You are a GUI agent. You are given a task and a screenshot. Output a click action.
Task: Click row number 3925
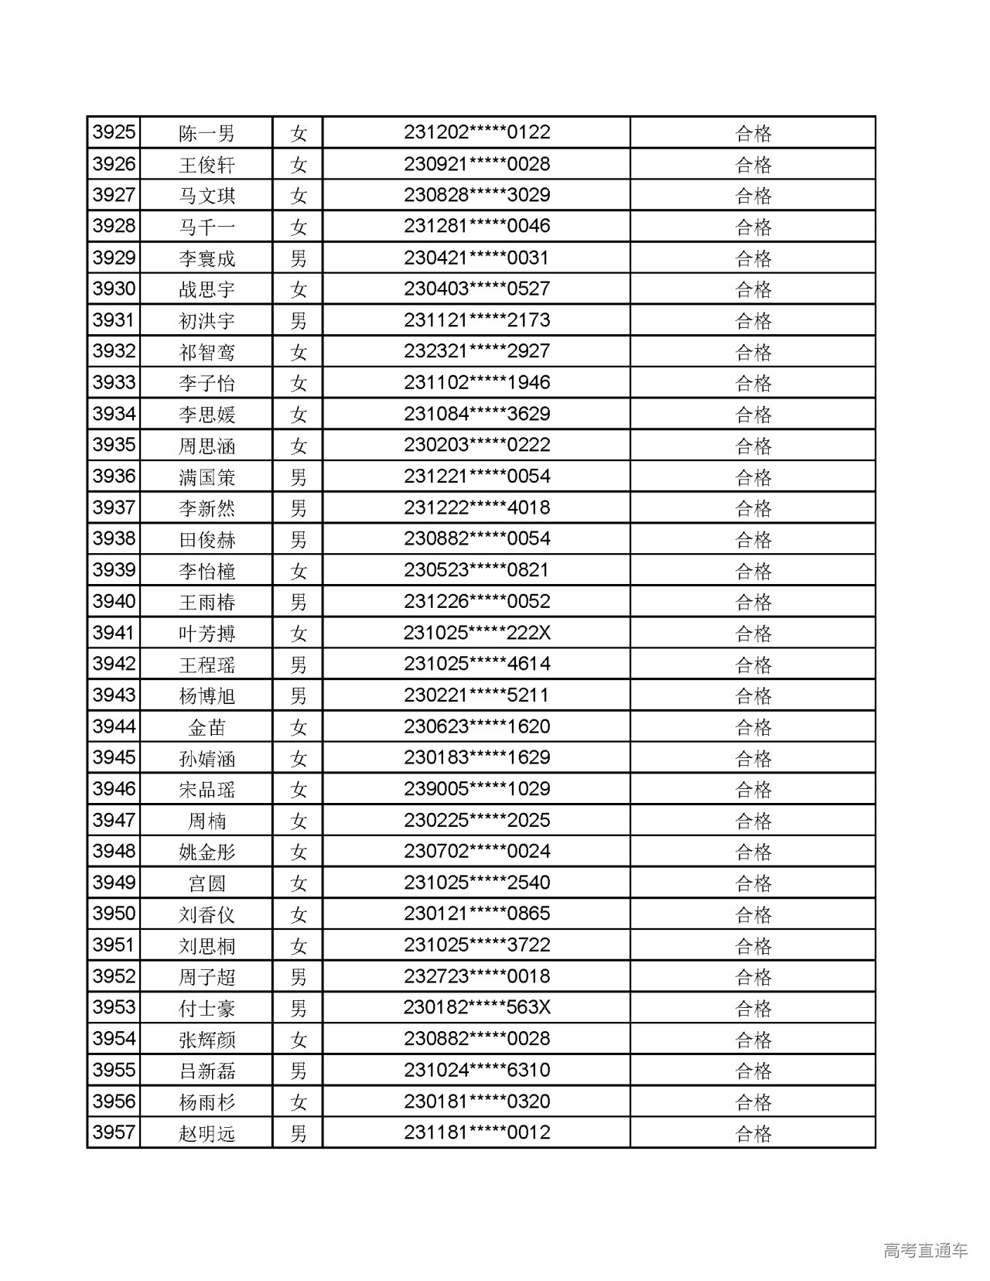point(114,133)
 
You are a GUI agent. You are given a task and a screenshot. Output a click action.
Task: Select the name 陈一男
point(207,134)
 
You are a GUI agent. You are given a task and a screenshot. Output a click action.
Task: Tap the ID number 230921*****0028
point(476,164)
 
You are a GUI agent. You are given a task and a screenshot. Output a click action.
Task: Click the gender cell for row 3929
point(299,258)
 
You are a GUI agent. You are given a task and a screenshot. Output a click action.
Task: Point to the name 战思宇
point(207,290)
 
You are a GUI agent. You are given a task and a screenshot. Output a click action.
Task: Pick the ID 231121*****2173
point(476,320)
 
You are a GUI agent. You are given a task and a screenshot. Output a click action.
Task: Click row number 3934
point(114,414)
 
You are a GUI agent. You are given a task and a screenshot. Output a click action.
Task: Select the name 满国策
point(207,477)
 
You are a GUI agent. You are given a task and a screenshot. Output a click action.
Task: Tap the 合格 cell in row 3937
point(753,508)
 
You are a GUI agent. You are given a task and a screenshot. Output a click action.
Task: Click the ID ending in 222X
point(476,633)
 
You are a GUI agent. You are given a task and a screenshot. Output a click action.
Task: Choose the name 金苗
point(207,727)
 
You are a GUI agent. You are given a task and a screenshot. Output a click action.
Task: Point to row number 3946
point(114,789)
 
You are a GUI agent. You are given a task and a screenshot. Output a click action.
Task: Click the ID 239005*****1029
point(476,789)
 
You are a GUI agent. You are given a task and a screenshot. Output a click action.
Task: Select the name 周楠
point(207,821)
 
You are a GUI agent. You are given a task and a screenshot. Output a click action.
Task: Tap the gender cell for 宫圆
point(299,883)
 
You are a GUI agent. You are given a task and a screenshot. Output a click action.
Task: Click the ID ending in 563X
point(476,1008)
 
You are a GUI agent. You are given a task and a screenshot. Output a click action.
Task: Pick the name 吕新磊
point(207,1071)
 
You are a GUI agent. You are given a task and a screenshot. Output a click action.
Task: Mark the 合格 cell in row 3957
point(753,1133)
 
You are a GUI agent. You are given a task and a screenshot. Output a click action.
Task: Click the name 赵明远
point(207,1133)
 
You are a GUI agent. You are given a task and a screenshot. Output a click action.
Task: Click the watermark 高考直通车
point(925,1250)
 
